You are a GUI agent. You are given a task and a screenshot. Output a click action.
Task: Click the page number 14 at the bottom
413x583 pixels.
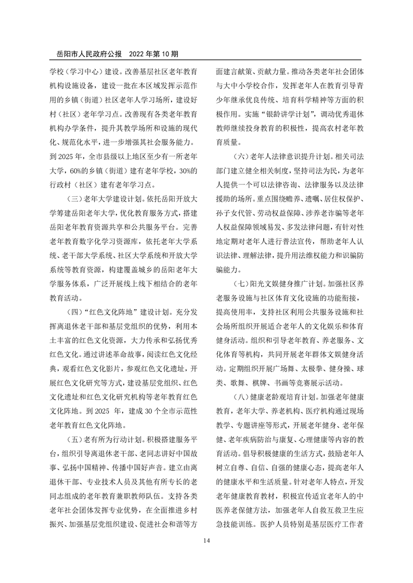(206, 541)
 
